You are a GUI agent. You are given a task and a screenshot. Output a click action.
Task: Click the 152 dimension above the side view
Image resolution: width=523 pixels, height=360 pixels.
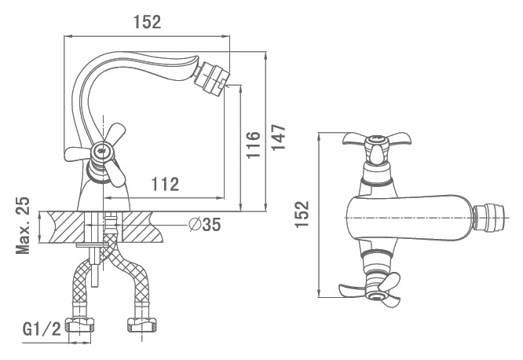(x=147, y=22)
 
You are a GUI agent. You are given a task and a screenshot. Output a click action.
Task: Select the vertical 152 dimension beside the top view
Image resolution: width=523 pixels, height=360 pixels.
(x=302, y=214)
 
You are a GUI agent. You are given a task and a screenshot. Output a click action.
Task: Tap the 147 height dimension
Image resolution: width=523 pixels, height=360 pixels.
(x=279, y=138)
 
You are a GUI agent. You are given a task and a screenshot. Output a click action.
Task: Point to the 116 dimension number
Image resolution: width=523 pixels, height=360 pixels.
(x=253, y=145)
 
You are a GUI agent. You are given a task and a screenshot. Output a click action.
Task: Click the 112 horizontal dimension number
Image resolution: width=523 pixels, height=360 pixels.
(x=165, y=184)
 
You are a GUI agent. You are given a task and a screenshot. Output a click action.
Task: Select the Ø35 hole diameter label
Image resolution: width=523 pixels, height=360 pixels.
(x=204, y=225)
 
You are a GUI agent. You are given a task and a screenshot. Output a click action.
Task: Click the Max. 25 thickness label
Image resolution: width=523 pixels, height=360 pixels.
(x=23, y=226)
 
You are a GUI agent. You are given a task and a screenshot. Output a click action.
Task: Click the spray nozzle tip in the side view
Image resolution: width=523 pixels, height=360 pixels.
(x=212, y=78)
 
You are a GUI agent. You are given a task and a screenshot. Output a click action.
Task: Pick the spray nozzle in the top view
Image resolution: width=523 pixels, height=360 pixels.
(x=489, y=219)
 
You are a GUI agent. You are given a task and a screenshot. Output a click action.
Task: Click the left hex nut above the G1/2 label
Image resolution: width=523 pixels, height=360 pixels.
(x=79, y=325)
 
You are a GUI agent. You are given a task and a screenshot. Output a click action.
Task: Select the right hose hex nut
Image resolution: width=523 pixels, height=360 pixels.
(x=142, y=325)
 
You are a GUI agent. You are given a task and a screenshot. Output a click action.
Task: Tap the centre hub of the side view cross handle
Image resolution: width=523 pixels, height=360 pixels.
(x=103, y=151)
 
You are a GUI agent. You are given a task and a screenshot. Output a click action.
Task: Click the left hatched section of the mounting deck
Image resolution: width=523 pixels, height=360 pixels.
(x=66, y=227)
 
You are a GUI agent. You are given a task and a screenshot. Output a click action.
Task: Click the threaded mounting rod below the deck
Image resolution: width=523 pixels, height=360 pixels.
(x=95, y=264)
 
